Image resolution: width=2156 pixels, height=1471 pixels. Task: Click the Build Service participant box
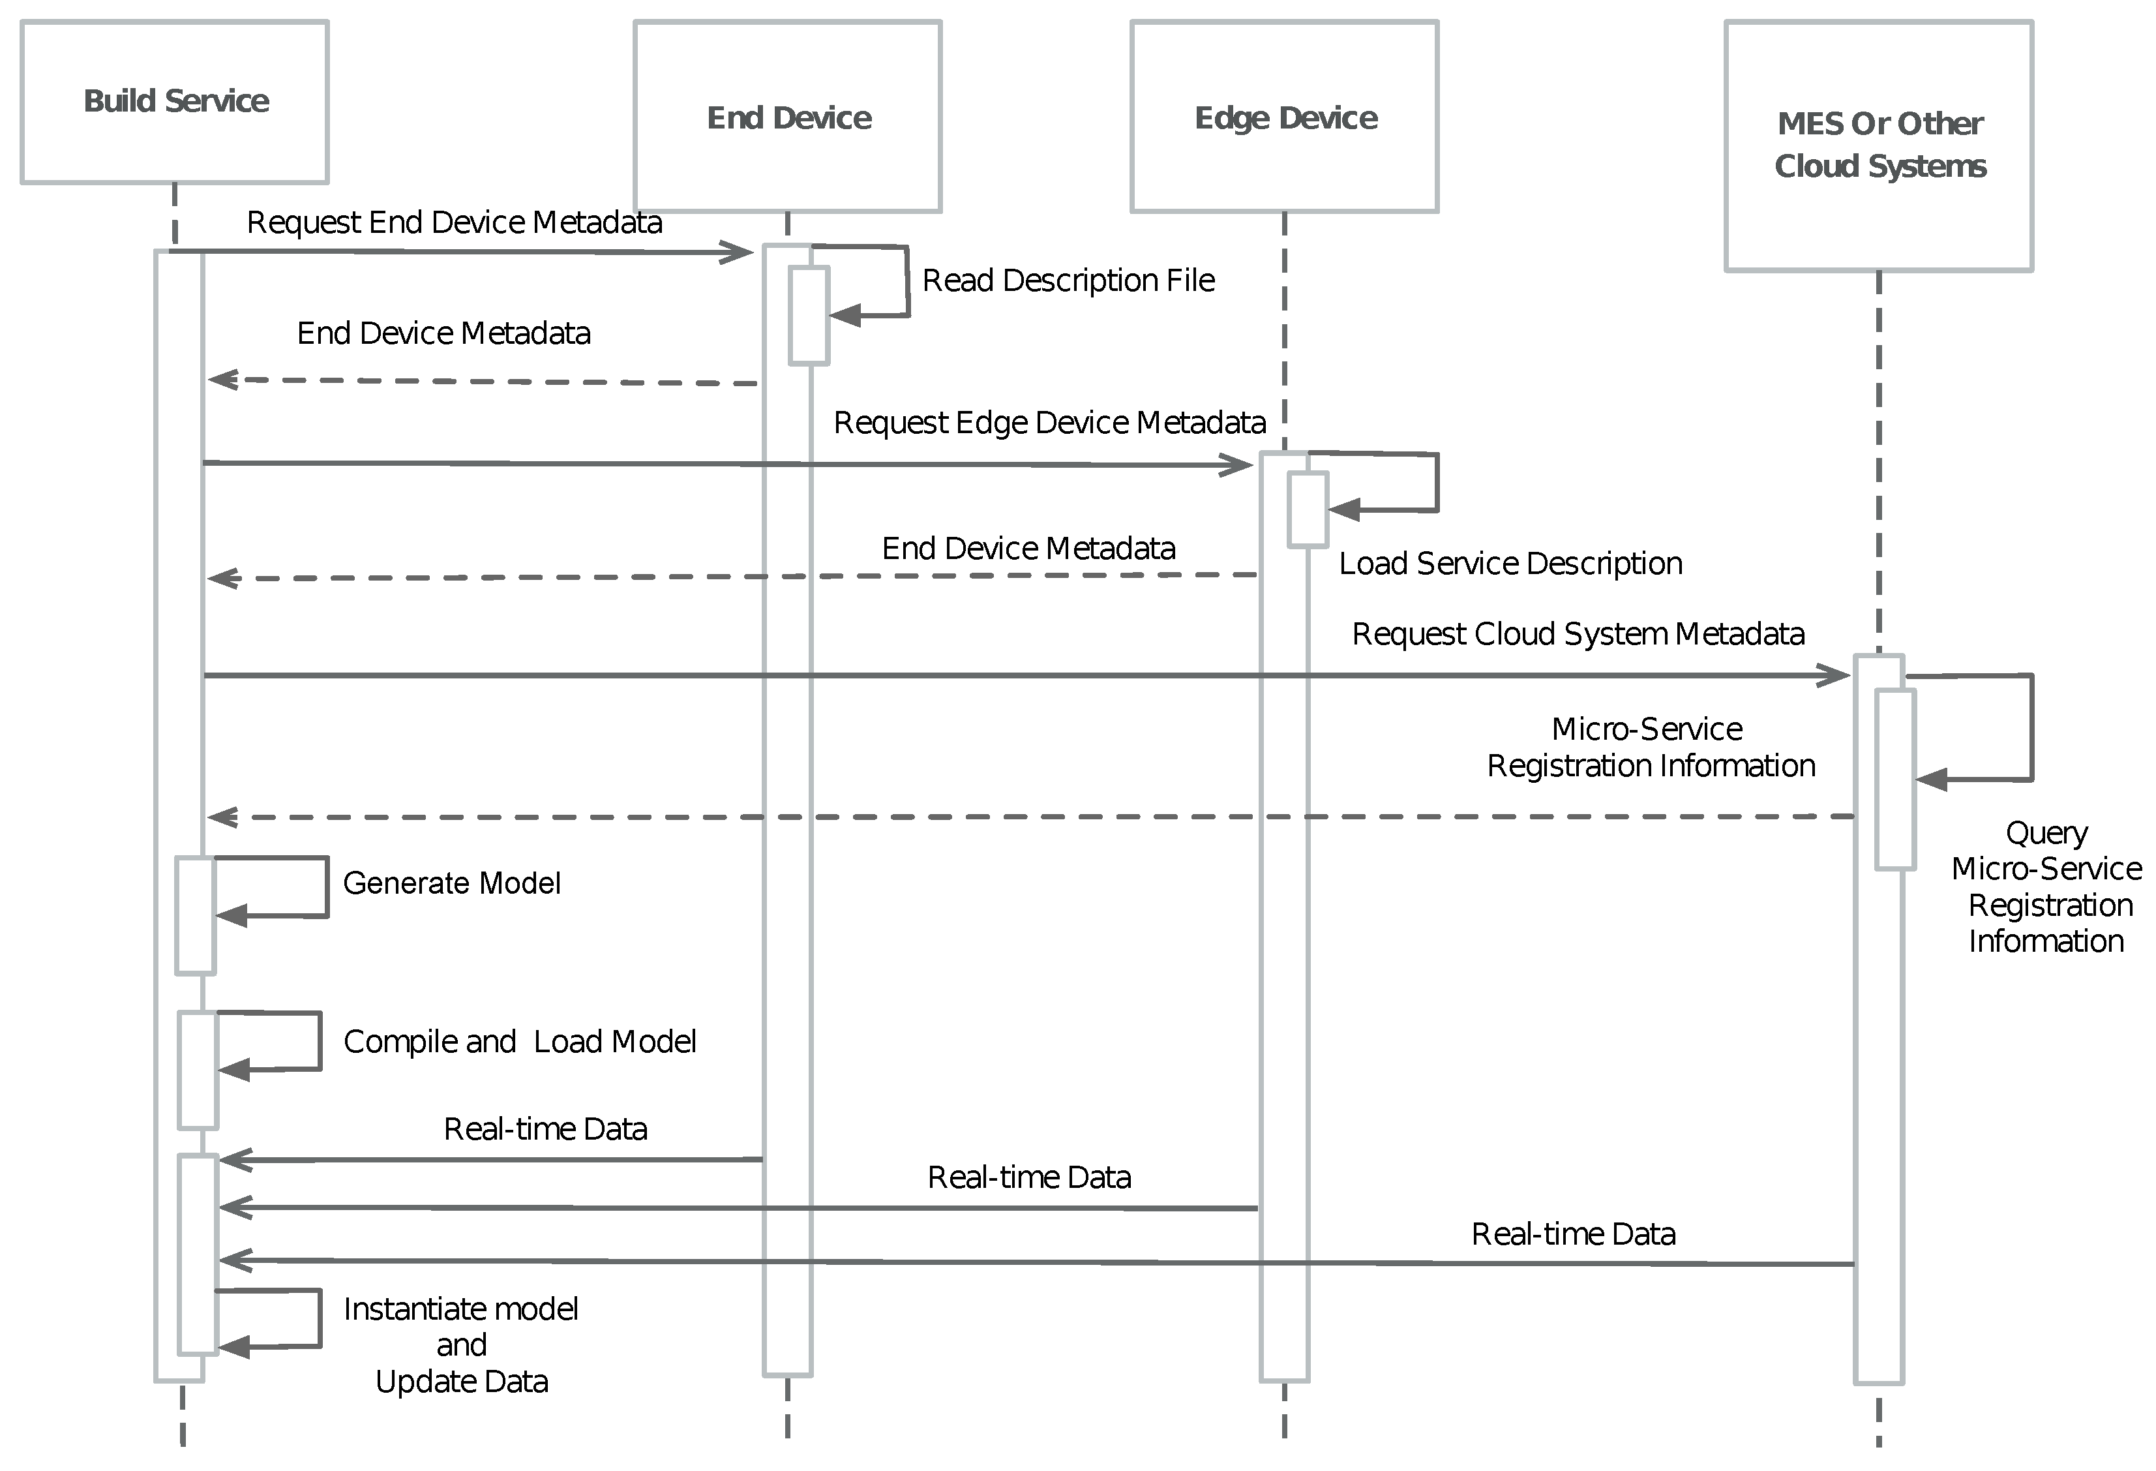click(x=174, y=102)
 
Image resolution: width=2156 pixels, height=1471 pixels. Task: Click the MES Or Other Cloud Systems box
click(x=1879, y=145)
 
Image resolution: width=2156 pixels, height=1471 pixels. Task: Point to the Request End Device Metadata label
click(x=454, y=222)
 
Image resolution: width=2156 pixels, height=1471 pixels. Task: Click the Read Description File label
click(x=1068, y=281)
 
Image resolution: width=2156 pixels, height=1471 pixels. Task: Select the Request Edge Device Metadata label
click(x=1049, y=423)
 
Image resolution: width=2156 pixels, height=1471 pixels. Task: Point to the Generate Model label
click(x=452, y=883)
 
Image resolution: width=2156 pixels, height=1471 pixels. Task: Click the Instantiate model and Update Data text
click(x=461, y=1345)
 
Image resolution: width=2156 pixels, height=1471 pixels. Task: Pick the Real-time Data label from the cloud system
click(x=1574, y=1234)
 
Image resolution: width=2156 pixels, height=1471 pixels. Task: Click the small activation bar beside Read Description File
click(x=808, y=316)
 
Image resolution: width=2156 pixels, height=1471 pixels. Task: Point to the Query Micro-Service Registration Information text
click(x=2046, y=887)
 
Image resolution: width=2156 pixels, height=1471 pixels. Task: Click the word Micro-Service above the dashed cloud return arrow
click(x=1647, y=729)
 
